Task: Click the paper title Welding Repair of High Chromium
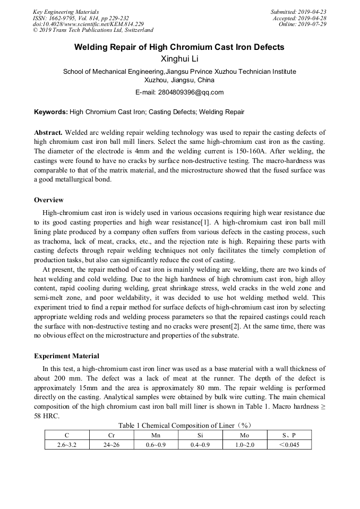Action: [x=179, y=47]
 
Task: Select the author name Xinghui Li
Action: [x=179, y=59]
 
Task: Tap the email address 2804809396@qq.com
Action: [x=179, y=92]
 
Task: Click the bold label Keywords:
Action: [x=51, y=112]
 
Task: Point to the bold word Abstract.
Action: [x=48, y=132]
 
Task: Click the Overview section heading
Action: [x=49, y=200]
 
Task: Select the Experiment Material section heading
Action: [x=66, y=356]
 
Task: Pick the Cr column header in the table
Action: [x=112, y=435]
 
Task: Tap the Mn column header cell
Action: [x=156, y=435]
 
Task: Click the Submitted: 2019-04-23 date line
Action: [x=298, y=11]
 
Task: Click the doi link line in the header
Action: [x=88, y=24]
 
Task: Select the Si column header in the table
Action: [x=200, y=435]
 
